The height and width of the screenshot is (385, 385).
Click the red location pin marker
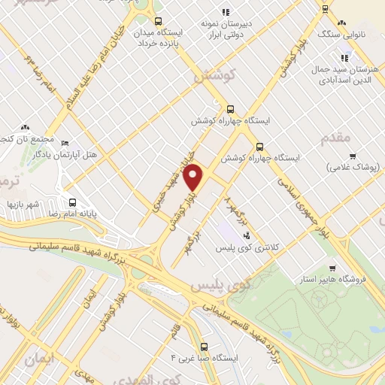click(x=194, y=178)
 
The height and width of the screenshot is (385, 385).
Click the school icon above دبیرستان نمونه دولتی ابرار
click(x=226, y=11)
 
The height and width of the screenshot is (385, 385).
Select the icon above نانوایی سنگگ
click(x=325, y=9)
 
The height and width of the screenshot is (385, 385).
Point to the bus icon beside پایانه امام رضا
click(x=73, y=202)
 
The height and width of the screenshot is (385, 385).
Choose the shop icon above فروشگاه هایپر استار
click(x=332, y=267)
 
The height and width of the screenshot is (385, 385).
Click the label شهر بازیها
click(x=23, y=205)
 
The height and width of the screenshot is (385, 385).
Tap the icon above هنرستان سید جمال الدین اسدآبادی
click(x=344, y=57)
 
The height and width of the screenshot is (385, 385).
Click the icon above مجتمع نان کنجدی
click(x=26, y=128)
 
